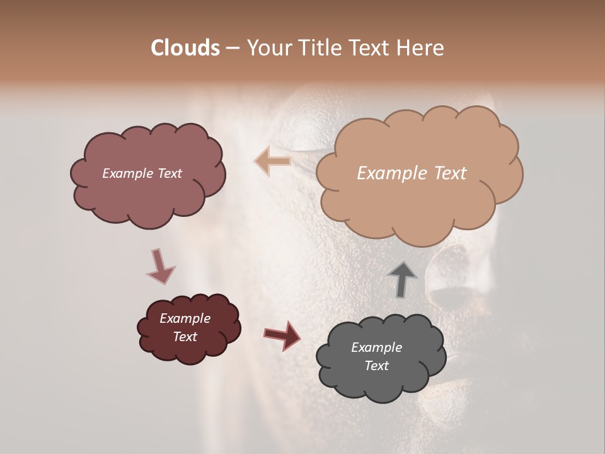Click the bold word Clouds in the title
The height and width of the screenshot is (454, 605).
click(185, 48)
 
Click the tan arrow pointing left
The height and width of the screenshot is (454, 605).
click(272, 161)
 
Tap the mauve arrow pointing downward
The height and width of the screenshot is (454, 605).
click(160, 267)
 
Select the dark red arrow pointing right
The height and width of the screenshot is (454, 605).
click(282, 335)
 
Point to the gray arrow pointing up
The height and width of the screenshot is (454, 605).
click(402, 279)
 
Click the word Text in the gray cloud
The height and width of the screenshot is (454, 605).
click(376, 366)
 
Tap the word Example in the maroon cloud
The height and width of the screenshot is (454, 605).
click(185, 318)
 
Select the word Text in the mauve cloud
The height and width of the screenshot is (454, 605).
click(168, 173)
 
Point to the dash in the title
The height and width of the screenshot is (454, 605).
click(233, 49)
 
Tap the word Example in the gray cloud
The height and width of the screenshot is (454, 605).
click(376, 347)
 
